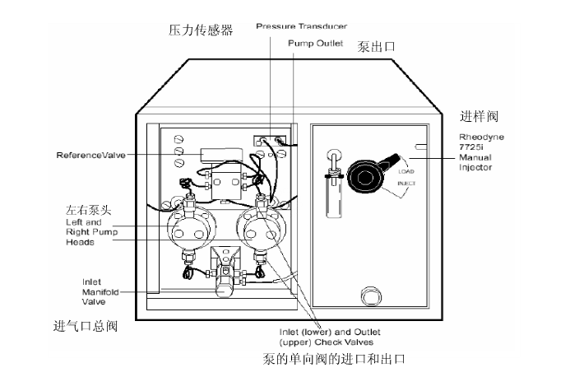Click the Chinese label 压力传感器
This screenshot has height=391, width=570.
(x=200, y=30)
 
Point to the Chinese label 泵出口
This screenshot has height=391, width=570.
(x=376, y=47)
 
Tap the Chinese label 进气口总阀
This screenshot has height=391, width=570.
(x=86, y=327)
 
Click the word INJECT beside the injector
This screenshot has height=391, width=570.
(x=406, y=184)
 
